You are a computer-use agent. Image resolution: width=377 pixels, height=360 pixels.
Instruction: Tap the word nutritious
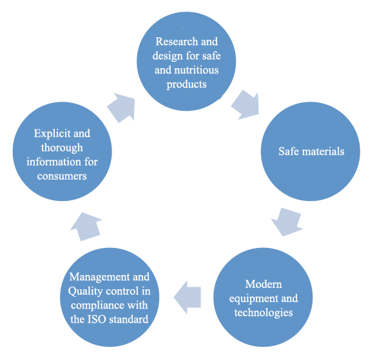[196, 70]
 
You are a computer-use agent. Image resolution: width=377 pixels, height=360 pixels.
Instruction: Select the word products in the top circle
[187, 84]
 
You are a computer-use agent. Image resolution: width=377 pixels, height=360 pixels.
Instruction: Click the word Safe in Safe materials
[289, 151]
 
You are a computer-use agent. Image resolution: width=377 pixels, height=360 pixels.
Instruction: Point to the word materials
[323, 151]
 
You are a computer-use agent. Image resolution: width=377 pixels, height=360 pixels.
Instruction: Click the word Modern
[264, 284]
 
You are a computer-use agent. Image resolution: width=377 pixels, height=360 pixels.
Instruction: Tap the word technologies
[264, 312]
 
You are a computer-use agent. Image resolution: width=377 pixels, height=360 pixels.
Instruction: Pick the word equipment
[253, 299]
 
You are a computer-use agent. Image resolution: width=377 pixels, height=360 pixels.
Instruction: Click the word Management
[99, 277]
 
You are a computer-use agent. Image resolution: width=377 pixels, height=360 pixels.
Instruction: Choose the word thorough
[62, 147]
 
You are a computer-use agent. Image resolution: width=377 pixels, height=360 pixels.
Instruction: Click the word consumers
[62, 176]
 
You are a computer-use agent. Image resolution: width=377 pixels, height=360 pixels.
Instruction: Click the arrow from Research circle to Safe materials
[246, 105]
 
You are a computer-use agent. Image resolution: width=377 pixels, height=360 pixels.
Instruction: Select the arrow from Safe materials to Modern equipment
[287, 222]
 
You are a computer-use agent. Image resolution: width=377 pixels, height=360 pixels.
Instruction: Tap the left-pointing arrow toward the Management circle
[188, 298]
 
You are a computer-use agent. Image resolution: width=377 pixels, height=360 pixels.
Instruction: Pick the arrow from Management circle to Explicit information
[86, 227]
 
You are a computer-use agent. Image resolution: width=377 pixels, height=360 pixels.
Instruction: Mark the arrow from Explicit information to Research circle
[122, 108]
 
